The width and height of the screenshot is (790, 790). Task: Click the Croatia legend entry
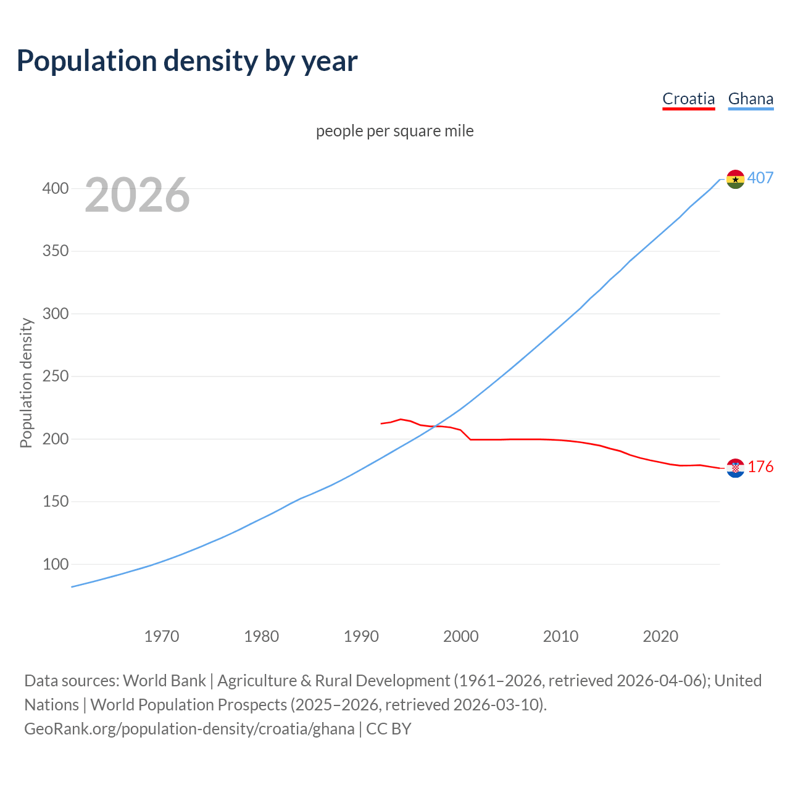(688, 99)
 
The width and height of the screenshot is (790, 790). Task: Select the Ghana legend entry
(750, 99)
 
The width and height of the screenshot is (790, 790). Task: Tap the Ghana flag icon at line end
(735, 179)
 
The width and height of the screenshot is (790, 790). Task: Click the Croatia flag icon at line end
(735, 468)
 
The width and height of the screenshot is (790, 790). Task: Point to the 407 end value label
(760, 178)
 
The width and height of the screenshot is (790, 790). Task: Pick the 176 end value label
(760, 467)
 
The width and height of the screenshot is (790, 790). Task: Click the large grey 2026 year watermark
(137, 195)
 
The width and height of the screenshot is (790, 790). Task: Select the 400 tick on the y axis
(56, 188)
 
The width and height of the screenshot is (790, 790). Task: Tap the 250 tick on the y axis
(56, 376)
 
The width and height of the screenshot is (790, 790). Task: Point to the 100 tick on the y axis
(56, 564)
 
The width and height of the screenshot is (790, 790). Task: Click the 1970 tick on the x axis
(162, 636)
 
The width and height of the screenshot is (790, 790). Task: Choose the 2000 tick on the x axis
(461, 636)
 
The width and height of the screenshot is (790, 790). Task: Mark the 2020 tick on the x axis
(660, 636)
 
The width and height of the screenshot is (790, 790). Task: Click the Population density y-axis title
(26, 383)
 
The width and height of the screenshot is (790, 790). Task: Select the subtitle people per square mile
(395, 131)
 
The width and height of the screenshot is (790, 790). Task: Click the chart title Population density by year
(187, 60)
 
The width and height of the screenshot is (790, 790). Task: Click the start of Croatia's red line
(381, 423)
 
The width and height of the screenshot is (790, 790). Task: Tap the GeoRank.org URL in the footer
(189, 729)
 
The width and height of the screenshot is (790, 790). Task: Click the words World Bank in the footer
(164, 681)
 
